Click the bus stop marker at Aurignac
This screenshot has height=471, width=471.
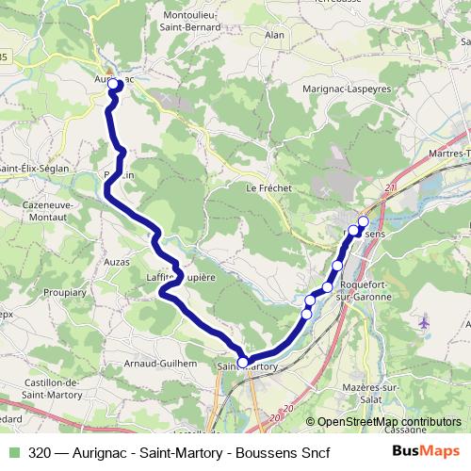tap(114, 84)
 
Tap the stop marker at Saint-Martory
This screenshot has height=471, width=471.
tap(243, 362)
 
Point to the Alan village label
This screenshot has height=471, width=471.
tap(275, 35)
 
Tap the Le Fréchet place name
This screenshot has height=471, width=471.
tap(269, 187)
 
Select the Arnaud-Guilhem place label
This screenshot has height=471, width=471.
tap(162, 362)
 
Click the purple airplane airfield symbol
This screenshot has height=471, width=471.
tap(424, 323)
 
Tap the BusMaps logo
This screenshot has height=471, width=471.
tap(425, 452)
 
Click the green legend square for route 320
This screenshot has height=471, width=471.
tap(12, 452)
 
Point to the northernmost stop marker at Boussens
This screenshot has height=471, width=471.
tap(364, 221)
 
